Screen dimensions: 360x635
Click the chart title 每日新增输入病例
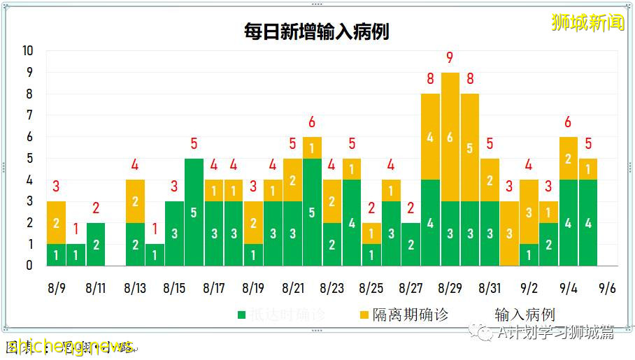317,32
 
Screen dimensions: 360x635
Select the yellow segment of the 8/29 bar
450,137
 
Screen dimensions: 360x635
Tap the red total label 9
450,58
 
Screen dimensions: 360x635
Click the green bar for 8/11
96,244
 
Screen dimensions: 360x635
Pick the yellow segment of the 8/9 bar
57,222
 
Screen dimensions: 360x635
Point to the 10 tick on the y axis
28,51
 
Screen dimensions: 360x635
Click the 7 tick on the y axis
29,115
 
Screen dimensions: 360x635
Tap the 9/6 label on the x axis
608,288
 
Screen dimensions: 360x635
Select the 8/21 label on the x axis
293,288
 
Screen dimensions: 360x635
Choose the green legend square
241,315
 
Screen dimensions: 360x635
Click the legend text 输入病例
525,315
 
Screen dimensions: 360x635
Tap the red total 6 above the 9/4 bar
569,123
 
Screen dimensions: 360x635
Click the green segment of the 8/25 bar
371,254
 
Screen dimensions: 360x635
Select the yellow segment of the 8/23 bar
332,201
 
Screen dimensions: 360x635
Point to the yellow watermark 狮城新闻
587,22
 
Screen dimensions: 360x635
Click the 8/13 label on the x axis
135,288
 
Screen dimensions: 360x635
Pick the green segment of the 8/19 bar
253,254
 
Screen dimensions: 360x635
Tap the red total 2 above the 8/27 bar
411,208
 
